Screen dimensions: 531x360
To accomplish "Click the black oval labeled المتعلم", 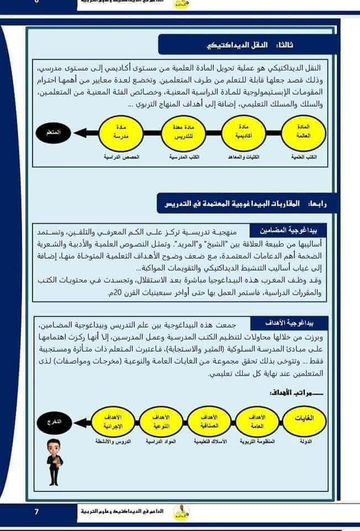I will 56,133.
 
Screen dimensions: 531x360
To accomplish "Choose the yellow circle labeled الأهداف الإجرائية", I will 112,422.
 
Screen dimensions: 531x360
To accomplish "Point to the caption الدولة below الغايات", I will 305,442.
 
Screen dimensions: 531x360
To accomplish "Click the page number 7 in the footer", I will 36,512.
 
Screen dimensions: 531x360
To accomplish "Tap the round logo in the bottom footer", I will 179,511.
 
